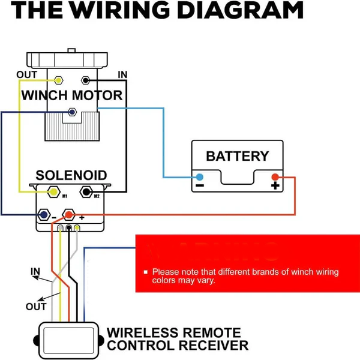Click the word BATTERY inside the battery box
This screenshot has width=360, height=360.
point(237,156)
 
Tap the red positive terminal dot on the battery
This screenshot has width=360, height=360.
point(275,177)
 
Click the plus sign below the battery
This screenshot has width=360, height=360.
point(275,187)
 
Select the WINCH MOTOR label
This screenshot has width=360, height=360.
point(72,95)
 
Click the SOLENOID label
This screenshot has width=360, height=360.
point(71,176)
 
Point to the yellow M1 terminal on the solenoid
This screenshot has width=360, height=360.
point(53,193)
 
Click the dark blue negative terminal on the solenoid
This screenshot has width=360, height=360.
point(43,214)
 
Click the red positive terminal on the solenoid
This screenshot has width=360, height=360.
point(69,214)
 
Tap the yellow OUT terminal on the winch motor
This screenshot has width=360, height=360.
point(59,80)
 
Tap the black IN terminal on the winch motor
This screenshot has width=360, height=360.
point(86,80)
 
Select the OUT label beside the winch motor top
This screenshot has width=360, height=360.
point(26,75)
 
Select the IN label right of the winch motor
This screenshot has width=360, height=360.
point(122,75)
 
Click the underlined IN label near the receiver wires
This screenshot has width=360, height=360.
point(35,272)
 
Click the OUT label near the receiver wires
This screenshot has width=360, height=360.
point(36,307)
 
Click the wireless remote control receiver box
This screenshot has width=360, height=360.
point(67,338)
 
